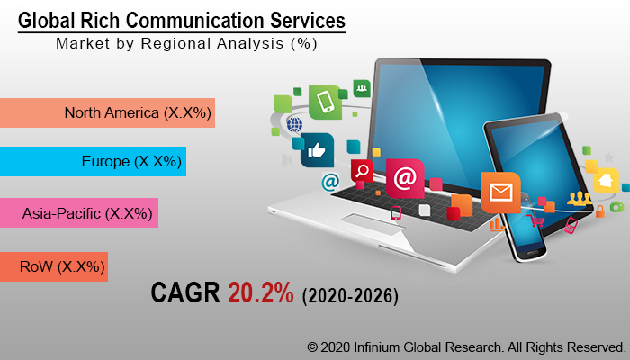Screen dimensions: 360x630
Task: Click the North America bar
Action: (107, 112)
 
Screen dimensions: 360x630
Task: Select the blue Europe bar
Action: (93, 161)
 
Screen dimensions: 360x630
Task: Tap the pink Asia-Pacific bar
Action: (78, 214)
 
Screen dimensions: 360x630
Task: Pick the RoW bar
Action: (53, 266)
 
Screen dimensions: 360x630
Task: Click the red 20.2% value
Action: (260, 292)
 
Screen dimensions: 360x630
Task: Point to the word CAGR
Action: (185, 292)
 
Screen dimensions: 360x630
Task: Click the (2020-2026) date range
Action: (350, 295)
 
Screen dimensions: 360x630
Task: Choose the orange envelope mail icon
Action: (499, 192)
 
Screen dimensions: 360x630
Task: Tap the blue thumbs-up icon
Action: (317, 150)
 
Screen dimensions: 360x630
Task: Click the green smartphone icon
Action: (324, 101)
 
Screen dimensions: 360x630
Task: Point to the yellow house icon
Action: (606, 180)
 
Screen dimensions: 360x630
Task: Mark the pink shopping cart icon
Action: (537, 220)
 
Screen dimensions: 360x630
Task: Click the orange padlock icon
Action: (599, 211)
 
